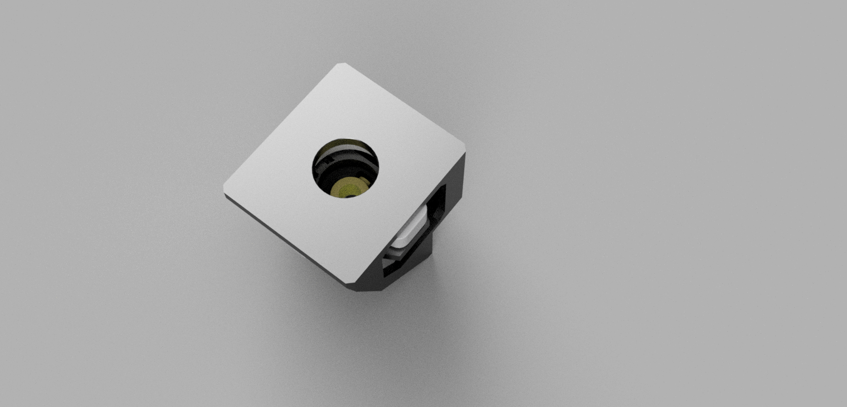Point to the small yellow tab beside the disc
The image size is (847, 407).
click(364, 180)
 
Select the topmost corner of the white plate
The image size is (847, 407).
click(342, 64)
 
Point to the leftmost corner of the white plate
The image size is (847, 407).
click(225, 190)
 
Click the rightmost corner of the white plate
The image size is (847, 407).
click(465, 149)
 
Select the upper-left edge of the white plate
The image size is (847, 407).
click(281, 125)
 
